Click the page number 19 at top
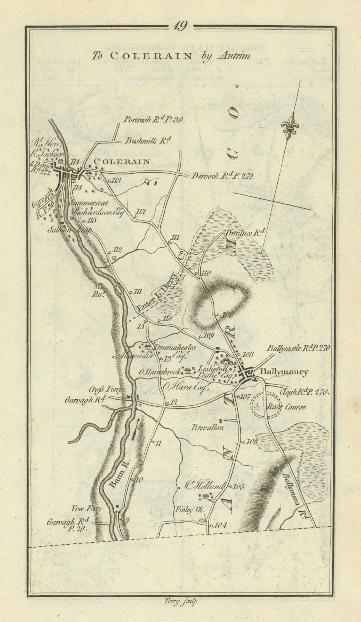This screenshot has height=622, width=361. click(180, 26)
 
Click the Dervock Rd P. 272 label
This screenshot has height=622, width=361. click(222, 176)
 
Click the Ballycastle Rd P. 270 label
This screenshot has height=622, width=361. click(298, 348)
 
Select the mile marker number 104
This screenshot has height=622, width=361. click(220, 525)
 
